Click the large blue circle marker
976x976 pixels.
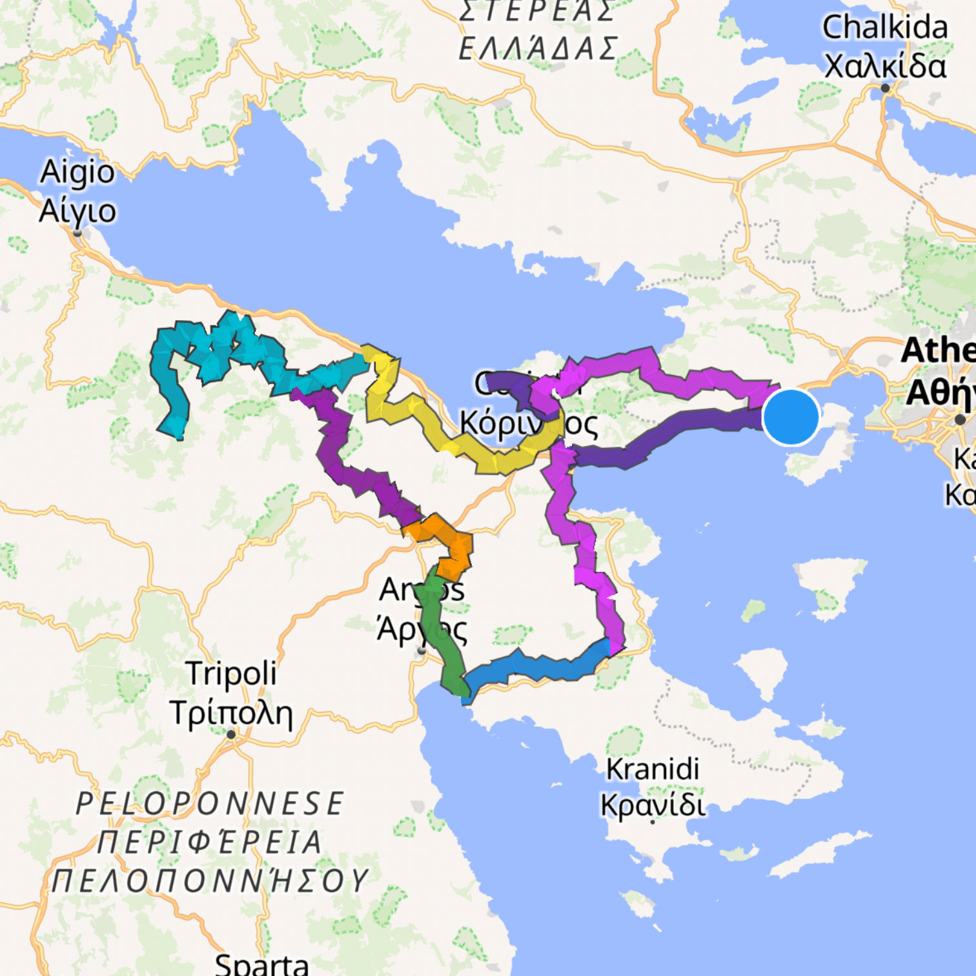click(791, 417)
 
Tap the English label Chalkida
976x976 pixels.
click(884, 28)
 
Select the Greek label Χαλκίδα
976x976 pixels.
click(884, 66)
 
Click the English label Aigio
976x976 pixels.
click(77, 172)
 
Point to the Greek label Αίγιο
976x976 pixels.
click(77, 210)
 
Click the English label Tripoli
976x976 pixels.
click(231, 673)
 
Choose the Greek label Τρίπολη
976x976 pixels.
click(231, 712)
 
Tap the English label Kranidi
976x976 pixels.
click(653, 769)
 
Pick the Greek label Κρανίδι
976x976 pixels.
click(653, 805)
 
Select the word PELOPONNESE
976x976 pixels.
click(210, 804)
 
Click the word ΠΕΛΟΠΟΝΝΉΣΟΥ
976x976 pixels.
click(210, 880)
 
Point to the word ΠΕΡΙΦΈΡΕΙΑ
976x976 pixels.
click(210, 842)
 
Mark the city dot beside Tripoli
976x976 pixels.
click(231, 735)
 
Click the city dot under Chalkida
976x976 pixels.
click(885, 88)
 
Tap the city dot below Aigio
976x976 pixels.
click(77, 232)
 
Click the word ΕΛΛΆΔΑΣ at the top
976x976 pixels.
click(537, 49)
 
